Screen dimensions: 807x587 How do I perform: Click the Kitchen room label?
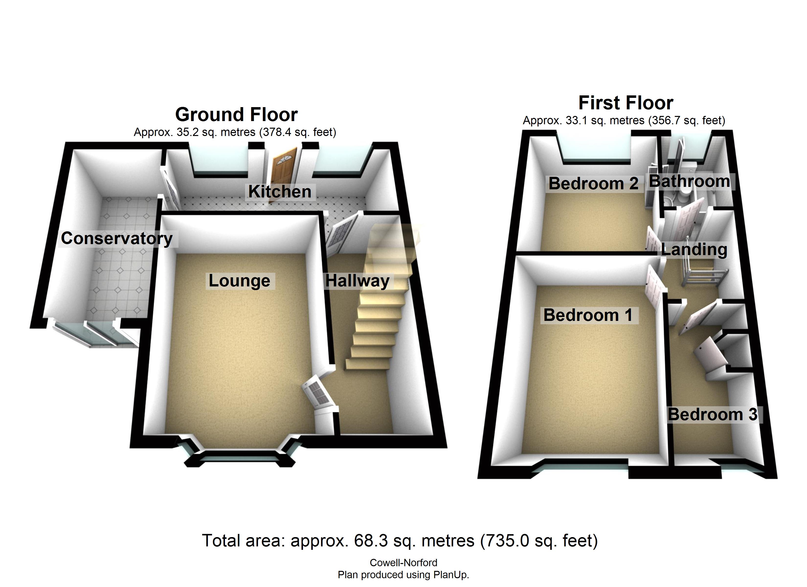(280, 192)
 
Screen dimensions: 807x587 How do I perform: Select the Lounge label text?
(239, 281)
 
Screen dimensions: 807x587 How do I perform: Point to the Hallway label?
(357, 281)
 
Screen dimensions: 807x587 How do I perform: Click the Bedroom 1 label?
(588, 316)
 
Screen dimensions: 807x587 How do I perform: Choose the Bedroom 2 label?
(593, 184)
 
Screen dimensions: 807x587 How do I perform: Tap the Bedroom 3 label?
(712, 414)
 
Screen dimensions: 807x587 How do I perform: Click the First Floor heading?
(626, 103)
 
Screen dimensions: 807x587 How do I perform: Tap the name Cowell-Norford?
(403, 563)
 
